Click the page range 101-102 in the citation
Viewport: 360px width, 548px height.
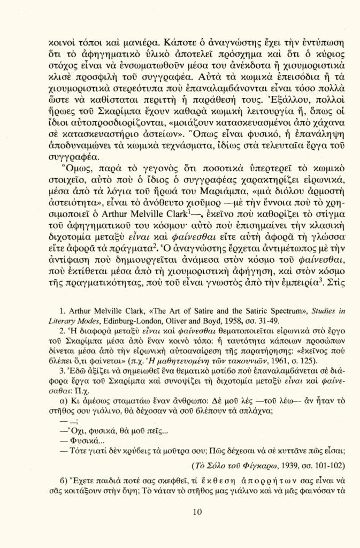coord(331,465)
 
